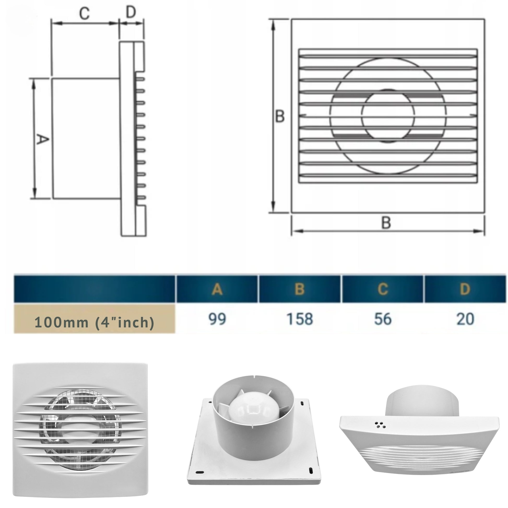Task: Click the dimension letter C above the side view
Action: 85,13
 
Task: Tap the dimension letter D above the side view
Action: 131,12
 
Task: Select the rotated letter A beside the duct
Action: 42,139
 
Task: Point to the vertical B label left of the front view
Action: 280,116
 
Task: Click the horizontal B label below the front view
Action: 386,222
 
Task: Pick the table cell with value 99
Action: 217,319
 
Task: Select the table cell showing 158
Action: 300,319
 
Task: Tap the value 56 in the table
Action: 383,319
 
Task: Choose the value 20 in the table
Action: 465,319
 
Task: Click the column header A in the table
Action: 217,289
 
